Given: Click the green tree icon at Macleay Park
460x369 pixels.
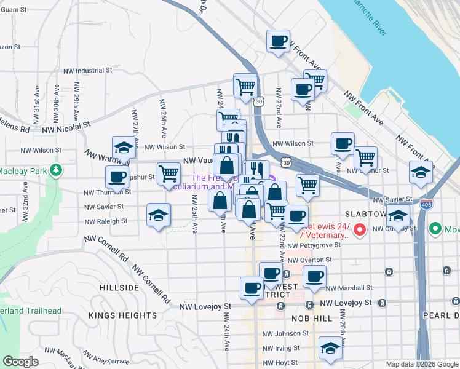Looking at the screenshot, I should click(x=56, y=169).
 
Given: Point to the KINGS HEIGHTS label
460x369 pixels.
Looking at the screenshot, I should click(x=123, y=315).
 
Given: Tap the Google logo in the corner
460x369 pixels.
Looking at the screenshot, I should click(x=22, y=362).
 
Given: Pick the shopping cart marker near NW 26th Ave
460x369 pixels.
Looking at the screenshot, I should click(x=168, y=173).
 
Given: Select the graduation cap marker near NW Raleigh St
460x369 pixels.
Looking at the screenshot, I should click(x=158, y=216).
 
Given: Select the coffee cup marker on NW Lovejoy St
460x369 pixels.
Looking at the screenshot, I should click(x=252, y=288).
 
